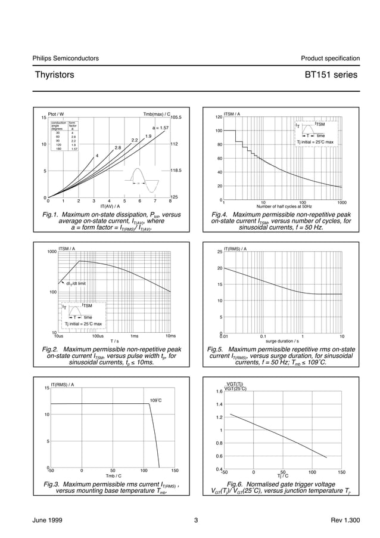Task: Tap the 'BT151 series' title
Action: (x=331, y=75)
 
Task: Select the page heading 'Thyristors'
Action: (x=54, y=75)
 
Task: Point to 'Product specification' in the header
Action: (x=330, y=58)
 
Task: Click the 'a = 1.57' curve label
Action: (x=160, y=128)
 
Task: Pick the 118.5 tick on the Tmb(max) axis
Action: (x=176, y=171)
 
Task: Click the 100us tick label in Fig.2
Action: (x=98, y=336)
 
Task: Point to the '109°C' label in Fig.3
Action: (x=155, y=400)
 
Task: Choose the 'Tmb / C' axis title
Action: (x=113, y=475)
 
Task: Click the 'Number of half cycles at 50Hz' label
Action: (x=284, y=206)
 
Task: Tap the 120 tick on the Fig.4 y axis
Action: (x=219, y=117)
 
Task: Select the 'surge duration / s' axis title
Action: (x=282, y=341)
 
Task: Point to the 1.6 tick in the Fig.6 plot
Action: (x=219, y=392)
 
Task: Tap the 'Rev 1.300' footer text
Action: (x=345, y=521)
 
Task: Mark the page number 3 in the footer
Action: (x=195, y=521)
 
